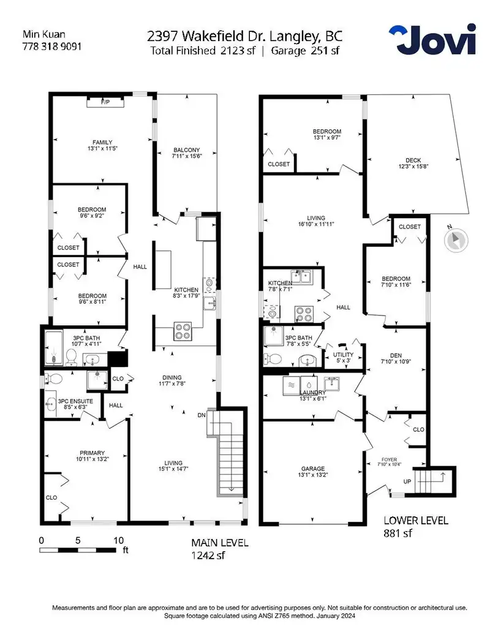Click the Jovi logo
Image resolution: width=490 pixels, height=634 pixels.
[432, 39]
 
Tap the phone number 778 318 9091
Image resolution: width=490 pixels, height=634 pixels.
[51, 47]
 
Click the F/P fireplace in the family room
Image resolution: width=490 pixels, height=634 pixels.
[105, 102]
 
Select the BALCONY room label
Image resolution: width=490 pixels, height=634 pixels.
[186, 149]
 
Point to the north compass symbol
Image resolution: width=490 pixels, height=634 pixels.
[456, 240]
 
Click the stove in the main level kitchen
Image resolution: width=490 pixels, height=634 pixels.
[183, 331]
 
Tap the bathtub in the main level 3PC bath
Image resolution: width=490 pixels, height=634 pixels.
[53, 348]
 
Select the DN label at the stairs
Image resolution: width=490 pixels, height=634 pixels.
[202, 415]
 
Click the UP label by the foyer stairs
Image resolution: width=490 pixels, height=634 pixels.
[407, 481]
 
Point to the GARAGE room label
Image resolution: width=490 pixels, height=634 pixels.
[313, 469]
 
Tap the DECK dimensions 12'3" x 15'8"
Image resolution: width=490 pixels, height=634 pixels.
[413, 166]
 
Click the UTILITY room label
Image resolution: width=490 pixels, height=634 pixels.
[343, 355]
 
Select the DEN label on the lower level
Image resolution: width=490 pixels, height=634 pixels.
[396, 355]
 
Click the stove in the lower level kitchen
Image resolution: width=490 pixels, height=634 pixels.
[304, 314]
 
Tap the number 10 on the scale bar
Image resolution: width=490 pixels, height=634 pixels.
[118, 541]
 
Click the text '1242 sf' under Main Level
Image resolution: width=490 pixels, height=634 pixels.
[208, 555]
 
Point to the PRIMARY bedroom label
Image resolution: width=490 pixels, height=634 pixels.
[92, 453]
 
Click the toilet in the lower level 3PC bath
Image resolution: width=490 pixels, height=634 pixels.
[273, 358]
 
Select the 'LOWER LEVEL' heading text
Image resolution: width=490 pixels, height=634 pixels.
[416, 521]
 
